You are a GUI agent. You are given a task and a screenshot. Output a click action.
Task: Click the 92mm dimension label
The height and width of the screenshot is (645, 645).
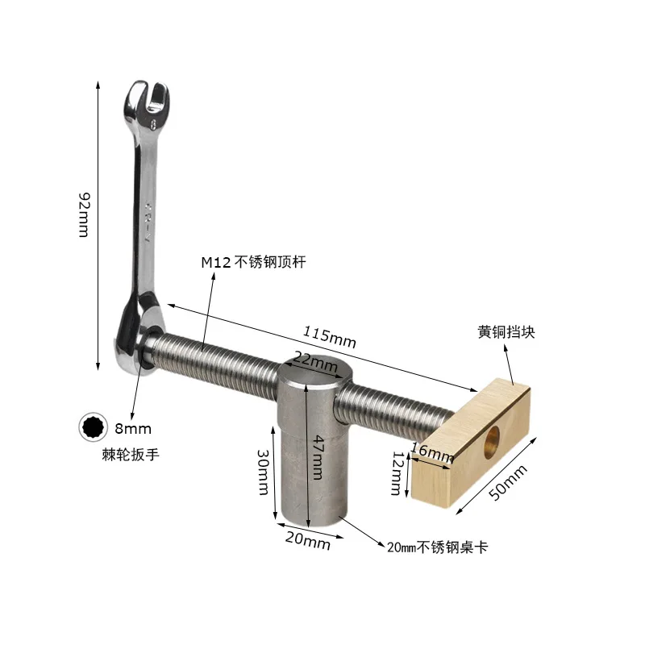coord(83,214)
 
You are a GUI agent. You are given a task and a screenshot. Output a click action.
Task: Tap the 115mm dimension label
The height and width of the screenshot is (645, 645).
coord(329,336)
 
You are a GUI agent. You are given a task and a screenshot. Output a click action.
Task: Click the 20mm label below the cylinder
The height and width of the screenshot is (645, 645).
coord(306,543)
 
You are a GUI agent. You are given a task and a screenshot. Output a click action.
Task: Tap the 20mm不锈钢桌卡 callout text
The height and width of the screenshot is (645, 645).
coord(438,548)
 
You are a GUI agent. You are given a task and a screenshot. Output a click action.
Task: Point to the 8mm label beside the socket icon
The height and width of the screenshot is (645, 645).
coord(133,429)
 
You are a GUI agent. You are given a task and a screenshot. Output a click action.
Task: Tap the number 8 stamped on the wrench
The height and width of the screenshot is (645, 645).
coord(152,126)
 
